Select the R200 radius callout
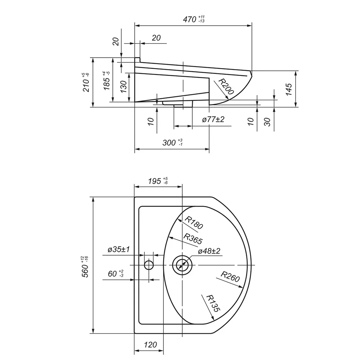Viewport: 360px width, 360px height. point(226,86)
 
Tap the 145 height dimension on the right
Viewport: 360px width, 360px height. point(289,89)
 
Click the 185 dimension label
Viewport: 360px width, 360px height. point(107,80)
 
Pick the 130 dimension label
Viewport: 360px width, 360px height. point(123,86)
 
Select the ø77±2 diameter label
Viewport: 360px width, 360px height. point(213,120)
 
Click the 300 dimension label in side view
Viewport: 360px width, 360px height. point(172,142)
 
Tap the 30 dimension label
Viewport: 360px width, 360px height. point(267,122)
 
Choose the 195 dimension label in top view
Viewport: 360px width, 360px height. point(158,181)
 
